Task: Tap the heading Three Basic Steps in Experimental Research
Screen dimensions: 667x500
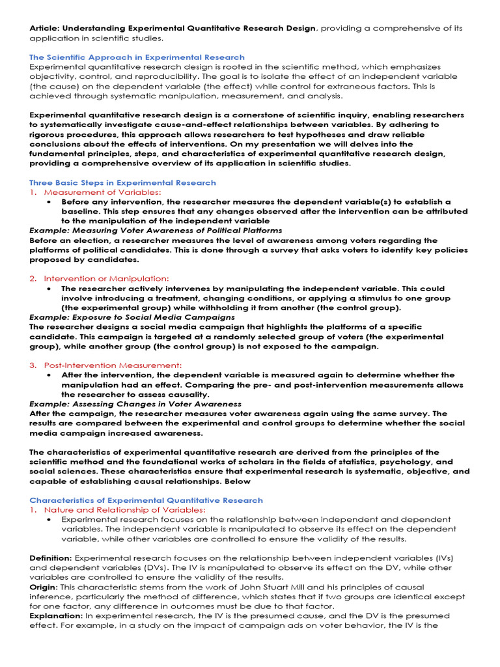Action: click(x=122, y=182)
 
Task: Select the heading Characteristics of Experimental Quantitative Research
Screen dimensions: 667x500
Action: click(x=146, y=500)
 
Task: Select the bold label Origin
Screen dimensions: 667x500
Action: click(x=43, y=587)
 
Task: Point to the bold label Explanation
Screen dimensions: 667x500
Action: click(x=55, y=616)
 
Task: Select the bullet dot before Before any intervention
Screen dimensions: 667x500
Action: click(x=49, y=202)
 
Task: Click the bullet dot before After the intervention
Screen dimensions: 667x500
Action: click(x=49, y=375)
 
